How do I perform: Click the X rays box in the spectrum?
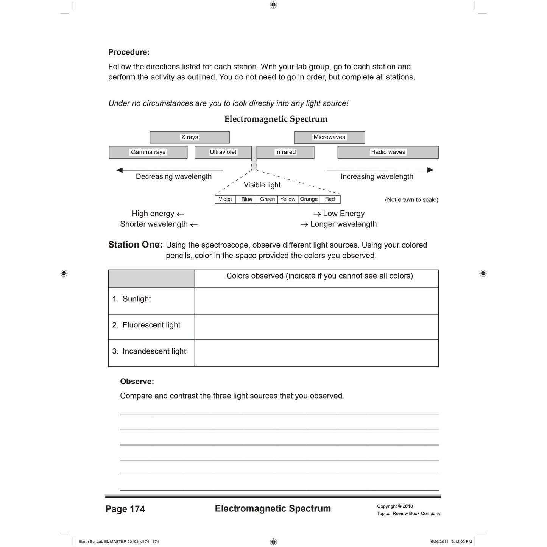coord(190,137)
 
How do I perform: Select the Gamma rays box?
coord(148,152)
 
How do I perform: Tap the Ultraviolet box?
coord(223,152)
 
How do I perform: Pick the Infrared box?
coord(285,152)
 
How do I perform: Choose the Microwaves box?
coord(329,137)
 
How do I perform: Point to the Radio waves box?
coord(388,152)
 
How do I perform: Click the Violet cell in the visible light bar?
coord(225,199)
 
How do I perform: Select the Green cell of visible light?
coord(267,199)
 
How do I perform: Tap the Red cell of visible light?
coord(330,199)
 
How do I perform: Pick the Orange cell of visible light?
coord(309,199)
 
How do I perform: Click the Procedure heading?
coord(129,52)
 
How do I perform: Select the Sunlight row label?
coord(137,299)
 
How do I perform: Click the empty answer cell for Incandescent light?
coord(316,353)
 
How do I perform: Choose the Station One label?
coord(135,245)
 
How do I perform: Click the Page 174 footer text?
coord(125,509)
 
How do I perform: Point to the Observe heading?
coord(137,382)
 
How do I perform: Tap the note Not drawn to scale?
coord(411,200)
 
